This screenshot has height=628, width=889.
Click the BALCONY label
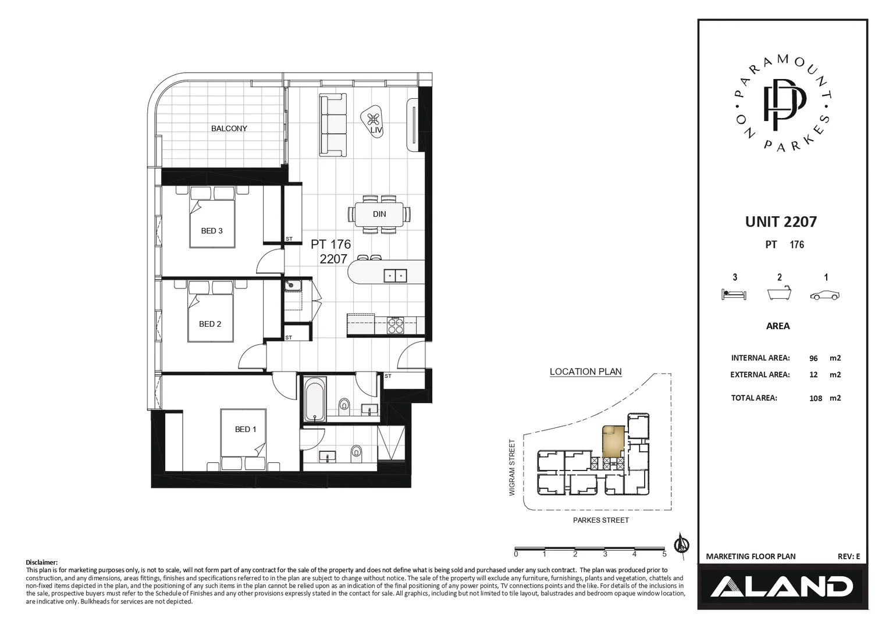pyautogui.click(x=229, y=129)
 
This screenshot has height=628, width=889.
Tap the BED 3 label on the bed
pyautogui.click(x=212, y=231)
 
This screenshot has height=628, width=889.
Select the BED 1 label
pyautogui.click(x=245, y=429)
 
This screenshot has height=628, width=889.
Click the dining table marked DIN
pyautogui.click(x=379, y=215)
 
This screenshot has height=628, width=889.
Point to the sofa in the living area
pyautogui.click(x=333, y=125)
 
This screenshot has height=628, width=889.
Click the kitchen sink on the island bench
pyautogui.click(x=395, y=276)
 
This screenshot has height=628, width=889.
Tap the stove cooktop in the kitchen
pyautogui.click(x=396, y=326)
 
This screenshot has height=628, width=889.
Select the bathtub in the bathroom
pyautogui.click(x=315, y=399)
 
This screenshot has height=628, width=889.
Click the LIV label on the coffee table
pyautogui.click(x=376, y=130)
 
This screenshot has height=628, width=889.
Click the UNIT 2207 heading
pyautogui.click(x=781, y=222)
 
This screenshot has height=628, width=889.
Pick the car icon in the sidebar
pyautogui.click(x=825, y=295)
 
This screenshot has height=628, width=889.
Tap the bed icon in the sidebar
pyautogui.click(x=734, y=294)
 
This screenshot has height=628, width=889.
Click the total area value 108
pyautogui.click(x=816, y=398)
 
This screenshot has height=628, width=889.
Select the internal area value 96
pyautogui.click(x=813, y=358)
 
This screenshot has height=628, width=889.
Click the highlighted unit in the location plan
pyautogui.click(x=612, y=440)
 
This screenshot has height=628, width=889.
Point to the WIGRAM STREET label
pyautogui.click(x=513, y=468)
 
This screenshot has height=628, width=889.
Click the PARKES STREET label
pyautogui.click(x=600, y=520)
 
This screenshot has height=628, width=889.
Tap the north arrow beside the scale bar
pyautogui.click(x=681, y=544)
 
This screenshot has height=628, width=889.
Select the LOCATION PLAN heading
pyautogui.click(x=585, y=372)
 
